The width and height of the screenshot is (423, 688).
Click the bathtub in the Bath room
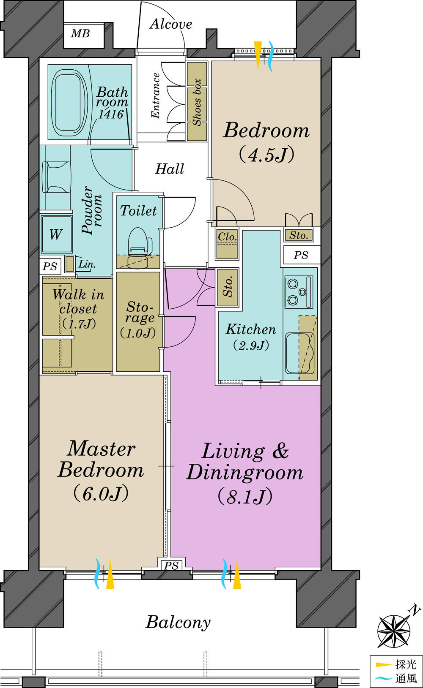[69, 103]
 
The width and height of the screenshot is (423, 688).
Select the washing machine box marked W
[56, 234]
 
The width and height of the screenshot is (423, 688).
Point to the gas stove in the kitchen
[299, 291]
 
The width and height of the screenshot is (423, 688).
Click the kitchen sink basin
[300, 353]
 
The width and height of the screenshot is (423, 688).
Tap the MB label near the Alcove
[80, 33]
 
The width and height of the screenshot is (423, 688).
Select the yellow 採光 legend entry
[396, 664]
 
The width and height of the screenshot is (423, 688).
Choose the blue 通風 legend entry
[396, 678]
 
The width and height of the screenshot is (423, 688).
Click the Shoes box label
[197, 102]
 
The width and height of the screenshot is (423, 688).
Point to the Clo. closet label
[227, 237]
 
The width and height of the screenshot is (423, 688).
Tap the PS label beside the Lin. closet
[50, 266]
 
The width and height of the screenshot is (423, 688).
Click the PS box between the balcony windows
[171, 566]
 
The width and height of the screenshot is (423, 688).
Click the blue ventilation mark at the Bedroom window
[271, 56]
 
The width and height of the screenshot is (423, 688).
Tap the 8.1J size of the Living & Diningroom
[245, 497]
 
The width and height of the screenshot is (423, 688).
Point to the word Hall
[170, 169]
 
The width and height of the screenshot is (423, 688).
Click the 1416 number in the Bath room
[111, 114]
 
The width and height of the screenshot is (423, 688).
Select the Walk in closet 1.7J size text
[79, 324]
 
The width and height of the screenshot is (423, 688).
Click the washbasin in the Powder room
[57, 177]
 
